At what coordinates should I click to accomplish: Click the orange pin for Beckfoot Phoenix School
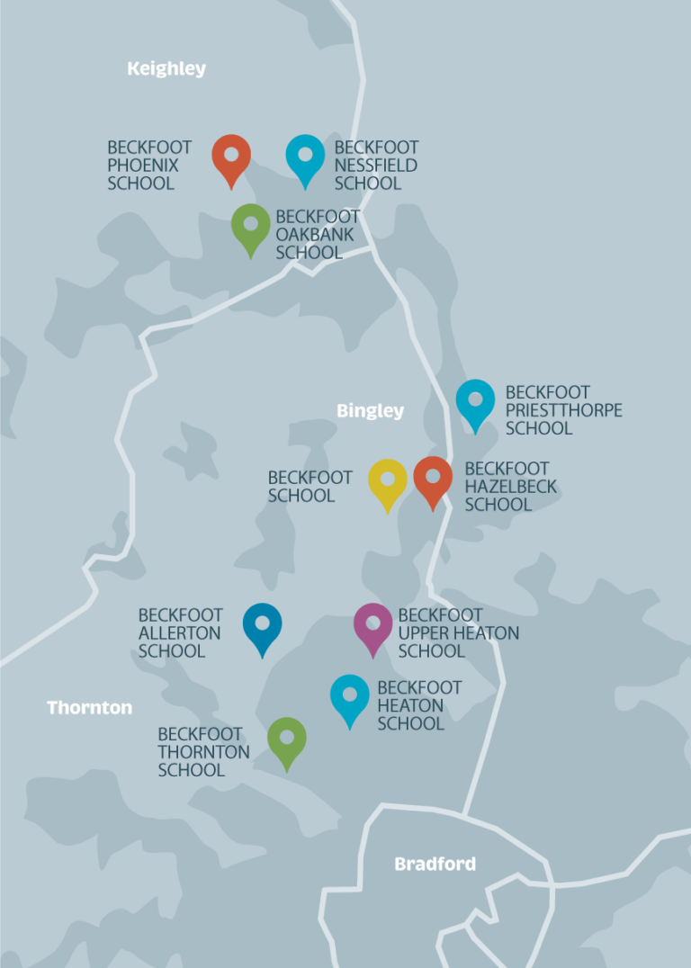[231, 157]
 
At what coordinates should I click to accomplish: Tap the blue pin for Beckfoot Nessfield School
[305, 157]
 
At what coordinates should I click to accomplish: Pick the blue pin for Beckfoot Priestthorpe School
[475, 401]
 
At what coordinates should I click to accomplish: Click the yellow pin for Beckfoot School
[388, 480]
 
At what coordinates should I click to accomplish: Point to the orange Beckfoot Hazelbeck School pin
[433, 479]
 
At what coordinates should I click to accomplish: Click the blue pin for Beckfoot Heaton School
[350, 696]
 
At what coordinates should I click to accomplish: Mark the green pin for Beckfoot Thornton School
[287, 739]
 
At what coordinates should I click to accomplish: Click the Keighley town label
[166, 68]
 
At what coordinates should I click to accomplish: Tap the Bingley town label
[371, 411]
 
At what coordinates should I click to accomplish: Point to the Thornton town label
[89, 708]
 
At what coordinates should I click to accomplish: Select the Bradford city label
[435, 865]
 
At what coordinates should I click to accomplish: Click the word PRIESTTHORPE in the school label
[563, 410]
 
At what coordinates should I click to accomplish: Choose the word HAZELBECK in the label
[510, 487]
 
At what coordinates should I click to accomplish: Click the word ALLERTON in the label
[179, 633]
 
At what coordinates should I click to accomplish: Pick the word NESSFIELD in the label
[375, 166]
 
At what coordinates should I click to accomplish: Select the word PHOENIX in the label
[143, 166]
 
